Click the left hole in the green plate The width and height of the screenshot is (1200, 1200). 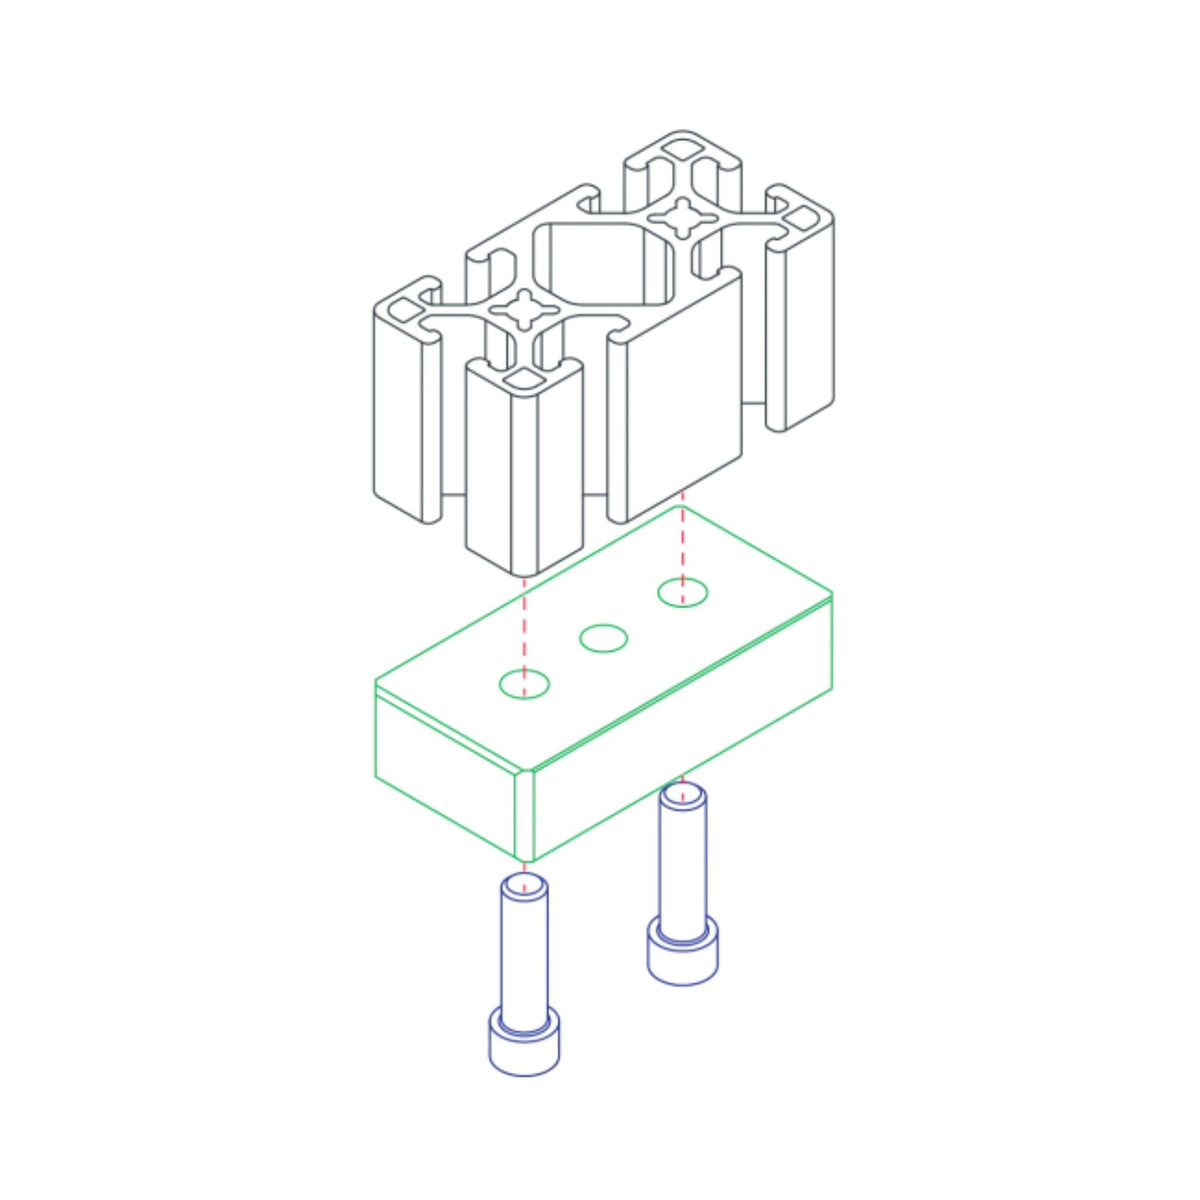click(524, 684)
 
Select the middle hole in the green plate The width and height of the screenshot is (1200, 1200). click(604, 638)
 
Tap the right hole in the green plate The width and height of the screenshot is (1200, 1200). click(682, 592)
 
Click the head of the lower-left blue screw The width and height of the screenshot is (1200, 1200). click(523, 1045)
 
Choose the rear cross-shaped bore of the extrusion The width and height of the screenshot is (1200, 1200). click(683, 217)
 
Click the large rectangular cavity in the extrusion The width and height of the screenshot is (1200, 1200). click(600, 262)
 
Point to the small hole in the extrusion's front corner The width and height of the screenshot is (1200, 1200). click(523, 379)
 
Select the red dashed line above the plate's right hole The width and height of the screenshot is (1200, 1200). click(682, 545)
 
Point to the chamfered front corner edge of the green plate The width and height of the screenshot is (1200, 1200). click(525, 815)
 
